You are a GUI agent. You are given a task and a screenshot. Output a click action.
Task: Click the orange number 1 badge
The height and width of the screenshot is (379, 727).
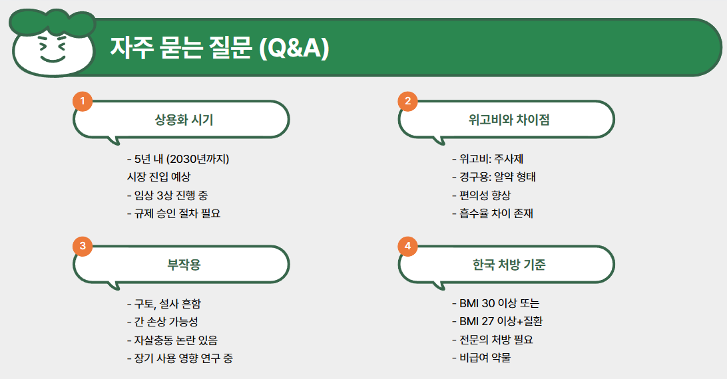pos(82,101)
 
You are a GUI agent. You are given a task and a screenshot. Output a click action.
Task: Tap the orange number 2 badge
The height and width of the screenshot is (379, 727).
pos(407,101)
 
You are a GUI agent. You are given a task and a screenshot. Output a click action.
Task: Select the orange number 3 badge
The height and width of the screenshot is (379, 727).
pos(82,246)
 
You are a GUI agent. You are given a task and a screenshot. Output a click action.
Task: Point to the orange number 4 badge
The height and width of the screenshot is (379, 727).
pos(407,246)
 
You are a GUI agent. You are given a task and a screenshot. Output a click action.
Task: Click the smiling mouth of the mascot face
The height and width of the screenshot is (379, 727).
pos(51,59)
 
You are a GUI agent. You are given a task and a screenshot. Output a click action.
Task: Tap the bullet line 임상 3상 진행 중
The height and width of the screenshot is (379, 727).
pos(171,195)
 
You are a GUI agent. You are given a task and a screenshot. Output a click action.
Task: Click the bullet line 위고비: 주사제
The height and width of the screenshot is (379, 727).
pos(489,159)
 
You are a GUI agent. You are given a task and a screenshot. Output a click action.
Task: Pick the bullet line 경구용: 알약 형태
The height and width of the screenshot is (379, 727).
pos(493,177)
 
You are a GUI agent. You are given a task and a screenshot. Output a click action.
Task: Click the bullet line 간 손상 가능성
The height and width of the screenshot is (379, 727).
pos(162,322)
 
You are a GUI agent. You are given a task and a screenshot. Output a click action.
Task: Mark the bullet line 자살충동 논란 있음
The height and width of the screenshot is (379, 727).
pos(171,340)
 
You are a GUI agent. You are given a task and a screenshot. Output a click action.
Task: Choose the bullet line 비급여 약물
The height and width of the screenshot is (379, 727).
pos(481,358)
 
